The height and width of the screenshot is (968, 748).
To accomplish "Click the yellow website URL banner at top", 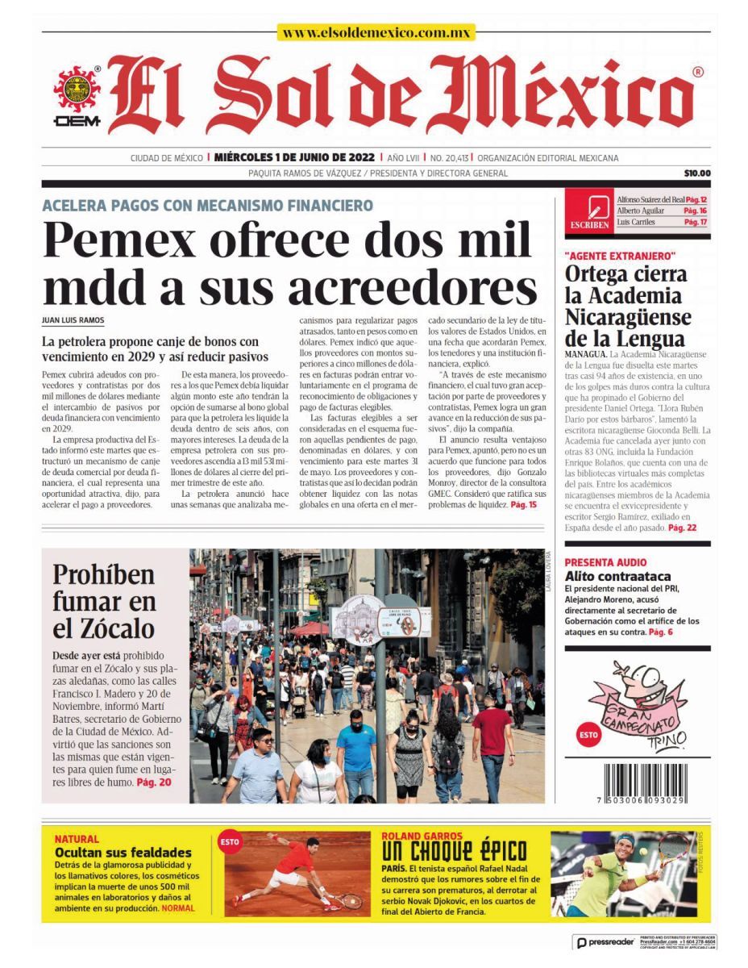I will [376, 33].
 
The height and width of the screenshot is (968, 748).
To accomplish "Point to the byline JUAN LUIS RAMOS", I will [73, 320].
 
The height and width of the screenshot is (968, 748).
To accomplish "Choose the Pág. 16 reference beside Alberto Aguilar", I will [694, 210].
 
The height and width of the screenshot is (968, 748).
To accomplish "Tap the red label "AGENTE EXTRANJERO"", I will [620, 256].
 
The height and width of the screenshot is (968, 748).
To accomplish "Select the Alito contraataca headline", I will [617, 576].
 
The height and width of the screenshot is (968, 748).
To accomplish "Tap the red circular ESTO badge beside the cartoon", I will [588, 735].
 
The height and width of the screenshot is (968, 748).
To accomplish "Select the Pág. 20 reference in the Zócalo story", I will [153, 782].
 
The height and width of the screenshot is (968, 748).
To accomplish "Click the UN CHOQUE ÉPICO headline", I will [454, 851].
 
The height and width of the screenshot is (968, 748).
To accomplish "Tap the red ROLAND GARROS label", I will [422, 837].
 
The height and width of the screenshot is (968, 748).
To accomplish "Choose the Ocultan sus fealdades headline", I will [123, 852].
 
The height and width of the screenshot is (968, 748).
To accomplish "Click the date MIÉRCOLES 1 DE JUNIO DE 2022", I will [294, 158].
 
